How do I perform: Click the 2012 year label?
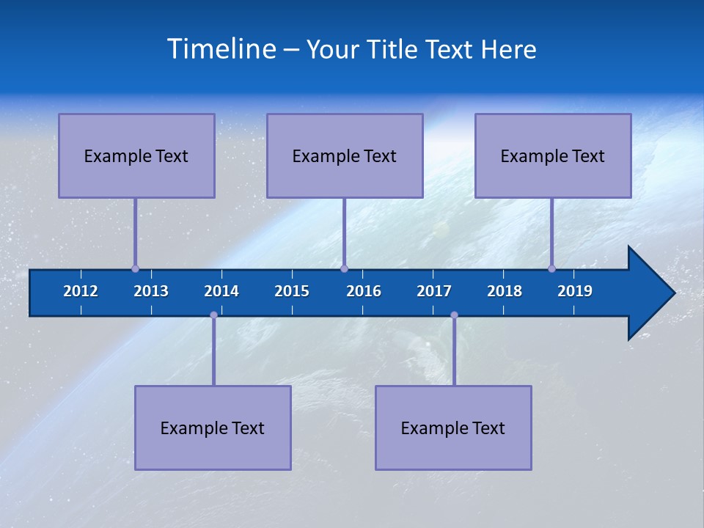pyautogui.click(x=81, y=291)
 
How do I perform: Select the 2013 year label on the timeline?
pyautogui.click(x=151, y=291)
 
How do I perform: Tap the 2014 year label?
pyautogui.click(x=221, y=291)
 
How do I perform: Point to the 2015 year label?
pyautogui.click(x=292, y=291)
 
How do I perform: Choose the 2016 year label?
pyautogui.click(x=364, y=291)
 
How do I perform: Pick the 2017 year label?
pyautogui.click(x=434, y=291)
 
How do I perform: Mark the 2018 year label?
pyautogui.click(x=505, y=291)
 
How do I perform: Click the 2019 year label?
pyautogui.click(x=575, y=291)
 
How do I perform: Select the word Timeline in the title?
pyautogui.click(x=221, y=48)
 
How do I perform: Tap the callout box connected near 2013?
pyautogui.click(x=136, y=155)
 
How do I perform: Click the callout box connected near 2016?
pyautogui.click(x=345, y=155)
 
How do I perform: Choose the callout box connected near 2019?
pyautogui.click(x=553, y=155)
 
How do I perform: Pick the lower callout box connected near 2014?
pyautogui.click(x=213, y=428)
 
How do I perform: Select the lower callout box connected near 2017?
pyautogui.click(x=453, y=428)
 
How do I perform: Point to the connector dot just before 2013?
pyautogui.click(x=135, y=268)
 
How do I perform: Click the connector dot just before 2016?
pyautogui.click(x=344, y=268)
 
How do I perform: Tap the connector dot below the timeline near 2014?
pyautogui.click(x=213, y=315)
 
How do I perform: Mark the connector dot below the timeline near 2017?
pyautogui.click(x=454, y=315)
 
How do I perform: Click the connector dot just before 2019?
pyautogui.click(x=551, y=268)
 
